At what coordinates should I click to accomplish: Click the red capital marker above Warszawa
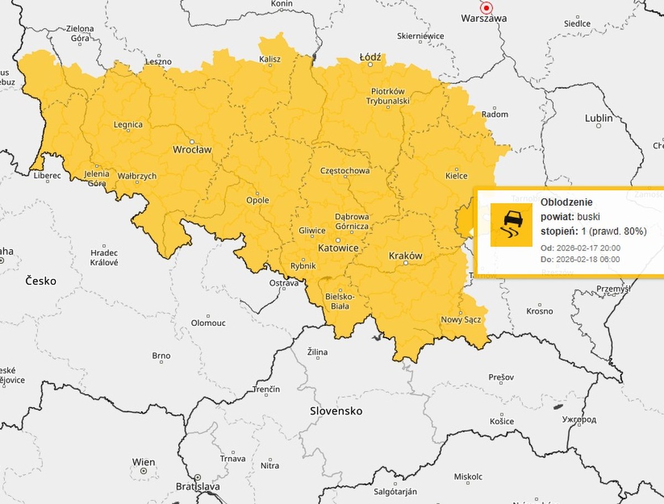pyautogui.click(x=486, y=8)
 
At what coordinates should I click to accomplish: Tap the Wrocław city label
pyautogui.click(x=192, y=149)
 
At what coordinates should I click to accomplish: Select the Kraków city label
pyautogui.click(x=405, y=256)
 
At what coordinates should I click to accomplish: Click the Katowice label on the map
pyautogui.click(x=338, y=248)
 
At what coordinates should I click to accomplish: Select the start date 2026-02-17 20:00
pyautogui.click(x=589, y=248)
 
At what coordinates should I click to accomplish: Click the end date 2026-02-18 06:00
pyautogui.click(x=589, y=259)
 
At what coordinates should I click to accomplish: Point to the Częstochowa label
pyautogui.click(x=345, y=170)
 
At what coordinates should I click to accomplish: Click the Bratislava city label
pyautogui.click(x=198, y=487)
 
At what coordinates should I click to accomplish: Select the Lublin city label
pyautogui.click(x=599, y=118)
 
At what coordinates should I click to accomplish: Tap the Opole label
pyautogui.click(x=258, y=200)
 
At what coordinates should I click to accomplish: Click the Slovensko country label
pyautogui.click(x=336, y=411)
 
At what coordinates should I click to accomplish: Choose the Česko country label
pyautogui.click(x=41, y=281)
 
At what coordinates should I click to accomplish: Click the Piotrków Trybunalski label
pyautogui.click(x=387, y=96)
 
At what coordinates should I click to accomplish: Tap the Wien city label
pyautogui.click(x=143, y=462)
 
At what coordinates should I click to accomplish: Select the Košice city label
pyautogui.click(x=501, y=421)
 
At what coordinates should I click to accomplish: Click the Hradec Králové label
pyautogui.click(x=104, y=257)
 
